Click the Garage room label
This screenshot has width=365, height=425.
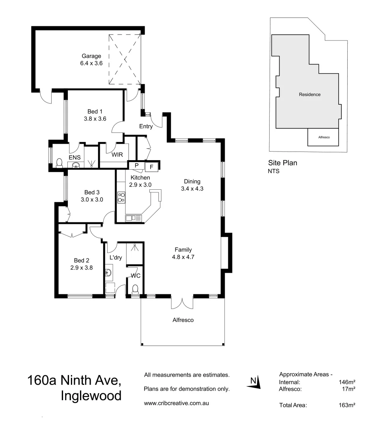pos(91,56)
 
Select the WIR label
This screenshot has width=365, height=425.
pos(117,155)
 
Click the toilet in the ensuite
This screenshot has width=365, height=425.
pos(60,163)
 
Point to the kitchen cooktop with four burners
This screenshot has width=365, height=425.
pos(121,197)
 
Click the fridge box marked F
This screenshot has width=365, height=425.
pos(151,166)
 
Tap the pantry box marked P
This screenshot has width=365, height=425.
pos(136,165)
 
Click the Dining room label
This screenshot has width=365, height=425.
pos(192,181)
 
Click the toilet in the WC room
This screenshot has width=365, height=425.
pos(135,290)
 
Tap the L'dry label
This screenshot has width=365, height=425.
pos(115,257)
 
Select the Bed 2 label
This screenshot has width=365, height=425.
pos(82,260)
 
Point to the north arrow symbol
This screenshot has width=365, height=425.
pos(255,382)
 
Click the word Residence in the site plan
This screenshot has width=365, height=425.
pos(309,94)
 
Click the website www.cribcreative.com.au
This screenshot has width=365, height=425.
pos(176,403)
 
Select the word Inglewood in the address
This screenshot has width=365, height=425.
pos(91,395)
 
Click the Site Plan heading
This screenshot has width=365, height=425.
pos(283,163)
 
